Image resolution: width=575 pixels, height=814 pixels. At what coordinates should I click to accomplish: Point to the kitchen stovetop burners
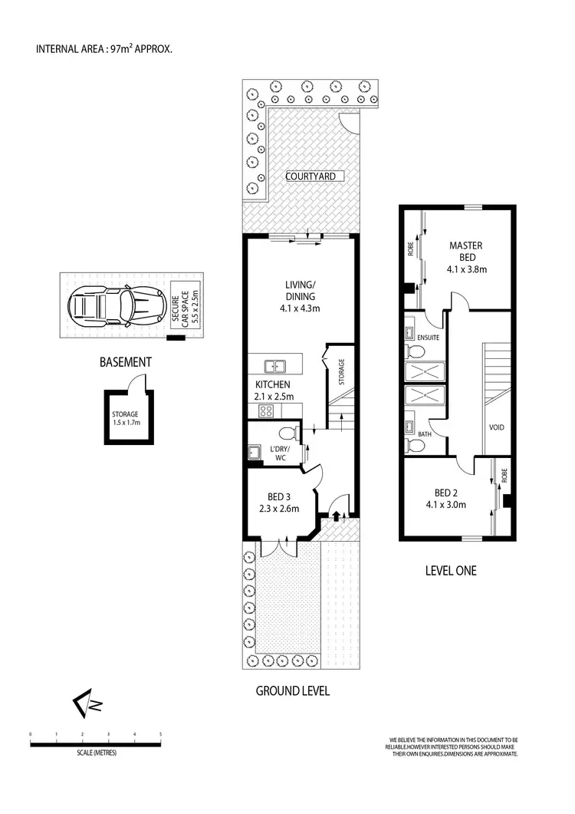pyautogui.click(x=266, y=410)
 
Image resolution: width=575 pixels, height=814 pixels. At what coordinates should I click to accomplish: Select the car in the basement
pyautogui.click(x=116, y=306)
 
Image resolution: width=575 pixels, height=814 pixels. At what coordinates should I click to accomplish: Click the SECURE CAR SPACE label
pyautogui.click(x=185, y=305)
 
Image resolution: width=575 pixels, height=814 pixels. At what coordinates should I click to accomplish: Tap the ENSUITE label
pyautogui.click(x=427, y=336)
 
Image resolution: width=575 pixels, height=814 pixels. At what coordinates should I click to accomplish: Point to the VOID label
pyautogui.click(x=496, y=427)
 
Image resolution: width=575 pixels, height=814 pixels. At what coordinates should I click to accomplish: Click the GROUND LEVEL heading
pyautogui.click(x=292, y=691)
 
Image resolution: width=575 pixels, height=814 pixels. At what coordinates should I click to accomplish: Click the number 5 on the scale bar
pyautogui.click(x=160, y=734)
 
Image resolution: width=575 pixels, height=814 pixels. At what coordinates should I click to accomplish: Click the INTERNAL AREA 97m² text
pyautogui.click(x=104, y=50)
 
